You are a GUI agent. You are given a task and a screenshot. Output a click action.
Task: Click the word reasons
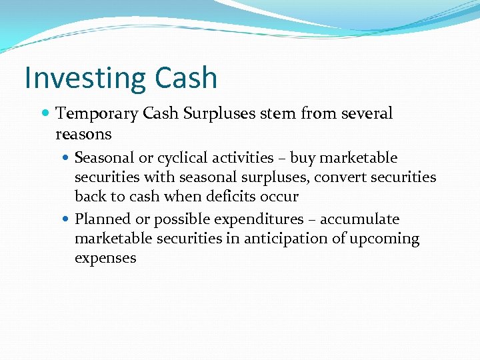click(x=83, y=134)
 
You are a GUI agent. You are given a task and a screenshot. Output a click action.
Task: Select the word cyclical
click(x=179, y=159)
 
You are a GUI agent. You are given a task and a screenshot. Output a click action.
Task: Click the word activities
click(x=242, y=159)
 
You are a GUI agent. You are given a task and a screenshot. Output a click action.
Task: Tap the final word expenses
click(x=105, y=259)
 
